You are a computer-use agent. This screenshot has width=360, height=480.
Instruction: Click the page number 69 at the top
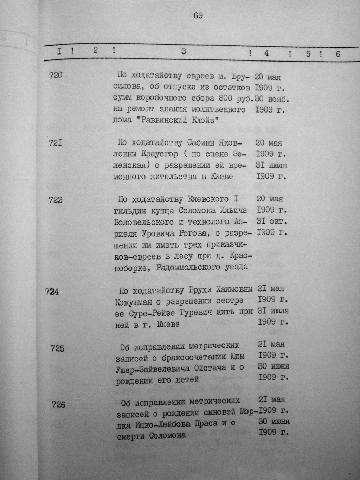[x=198, y=15]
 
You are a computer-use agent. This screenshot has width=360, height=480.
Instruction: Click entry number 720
[x=56, y=75]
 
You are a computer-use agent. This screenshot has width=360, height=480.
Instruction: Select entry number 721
[x=56, y=143]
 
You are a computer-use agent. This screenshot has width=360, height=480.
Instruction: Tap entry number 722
[x=56, y=200]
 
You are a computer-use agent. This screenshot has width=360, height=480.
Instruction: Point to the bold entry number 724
[x=52, y=292]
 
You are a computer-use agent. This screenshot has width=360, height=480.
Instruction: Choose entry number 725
[x=57, y=348]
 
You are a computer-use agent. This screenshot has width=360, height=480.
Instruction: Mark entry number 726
[x=58, y=404]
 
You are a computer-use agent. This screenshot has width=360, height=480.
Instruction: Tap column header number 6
[x=338, y=54]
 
